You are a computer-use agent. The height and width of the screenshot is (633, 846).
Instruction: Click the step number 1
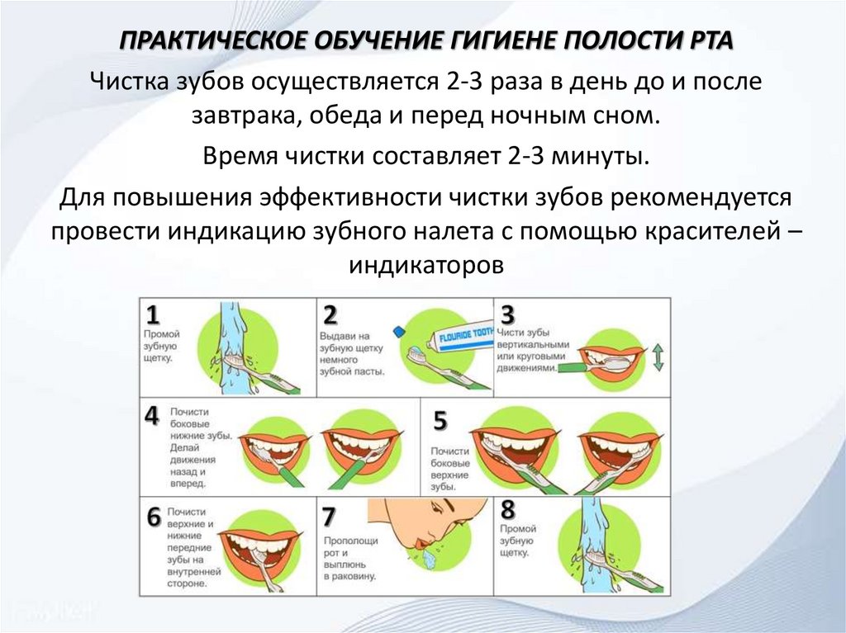(x=153, y=314)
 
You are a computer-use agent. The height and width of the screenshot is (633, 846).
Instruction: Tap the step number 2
(x=330, y=315)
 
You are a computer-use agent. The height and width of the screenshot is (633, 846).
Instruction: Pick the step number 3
(x=508, y=314)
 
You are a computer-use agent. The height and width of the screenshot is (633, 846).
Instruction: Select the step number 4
(x=152, y=415)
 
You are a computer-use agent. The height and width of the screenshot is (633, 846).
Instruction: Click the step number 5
(x=440, y=421)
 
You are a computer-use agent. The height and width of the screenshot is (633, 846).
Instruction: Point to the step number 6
(x=154, y=517)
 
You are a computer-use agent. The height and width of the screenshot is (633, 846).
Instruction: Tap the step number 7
(x=330, y=517)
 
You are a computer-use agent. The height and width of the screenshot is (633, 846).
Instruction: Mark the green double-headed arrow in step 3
(x=658, y=357)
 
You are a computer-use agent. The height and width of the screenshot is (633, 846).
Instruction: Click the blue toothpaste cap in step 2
(x=399, y=332)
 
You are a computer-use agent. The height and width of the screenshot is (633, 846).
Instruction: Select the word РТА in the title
(x=707, y=41)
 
